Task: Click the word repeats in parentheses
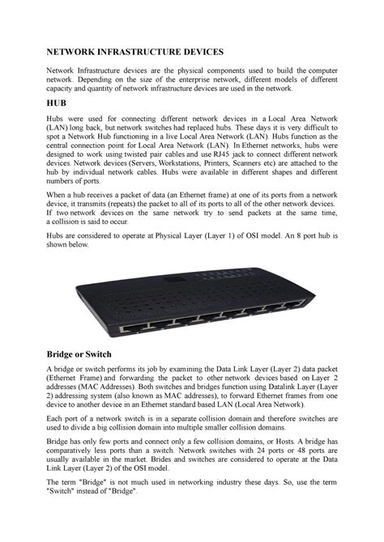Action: click(128, 206)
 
